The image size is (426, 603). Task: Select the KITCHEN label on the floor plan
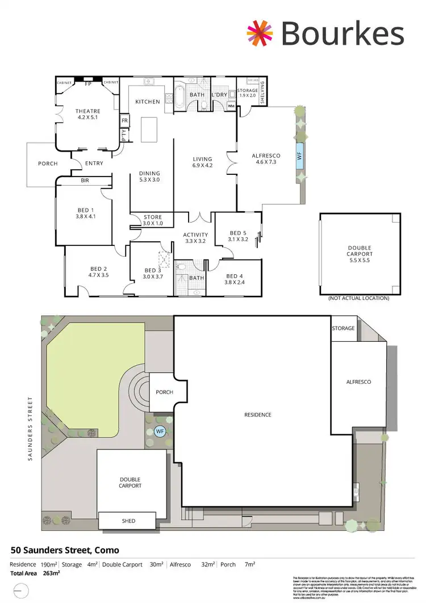tap(148, 102)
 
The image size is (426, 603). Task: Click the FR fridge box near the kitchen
tap(124, 121)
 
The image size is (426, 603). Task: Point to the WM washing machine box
tap(231, 106)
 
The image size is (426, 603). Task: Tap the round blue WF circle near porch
tap(160, 432)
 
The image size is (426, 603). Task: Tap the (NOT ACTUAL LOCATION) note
tap(359, 298)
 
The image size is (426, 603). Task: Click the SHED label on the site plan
tap(128, 521)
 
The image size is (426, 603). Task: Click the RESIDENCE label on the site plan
tap(258, 415)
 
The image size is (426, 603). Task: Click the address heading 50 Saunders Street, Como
tap(65, 550)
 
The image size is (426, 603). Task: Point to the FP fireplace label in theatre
tap(88, 83)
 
